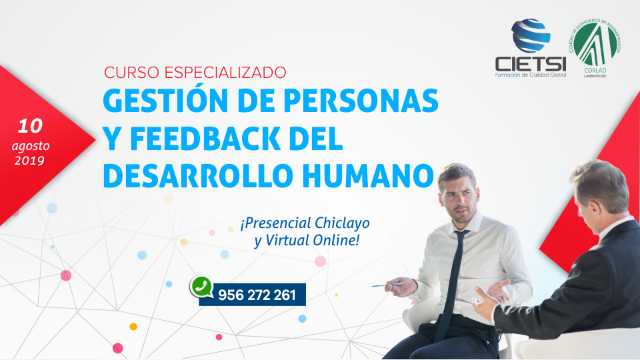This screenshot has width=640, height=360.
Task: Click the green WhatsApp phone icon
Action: (x=201, y=287)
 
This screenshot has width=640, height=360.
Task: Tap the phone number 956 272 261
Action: (x=257, y=295)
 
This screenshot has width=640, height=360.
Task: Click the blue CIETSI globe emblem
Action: (x=531, y=35)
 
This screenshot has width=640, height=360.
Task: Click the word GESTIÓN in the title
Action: (x=165, y=100)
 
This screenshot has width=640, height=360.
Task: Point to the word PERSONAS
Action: (x=361, y=101)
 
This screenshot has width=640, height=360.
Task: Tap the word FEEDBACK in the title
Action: (x=205, y=139)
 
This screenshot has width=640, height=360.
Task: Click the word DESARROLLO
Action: (x=198, y=175)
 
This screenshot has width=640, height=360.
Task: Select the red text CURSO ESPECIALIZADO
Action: (x=195, y=73)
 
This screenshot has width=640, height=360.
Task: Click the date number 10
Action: (x=30, y=126)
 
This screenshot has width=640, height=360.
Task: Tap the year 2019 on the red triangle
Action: (x=29, y=161)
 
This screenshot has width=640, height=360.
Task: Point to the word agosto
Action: (x=31, y=146)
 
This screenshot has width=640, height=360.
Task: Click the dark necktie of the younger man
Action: (x=451, y=286)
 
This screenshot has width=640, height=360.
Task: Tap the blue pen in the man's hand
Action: (x=387, y=285)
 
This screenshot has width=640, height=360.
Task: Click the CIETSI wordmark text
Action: (x=531, y=64)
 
